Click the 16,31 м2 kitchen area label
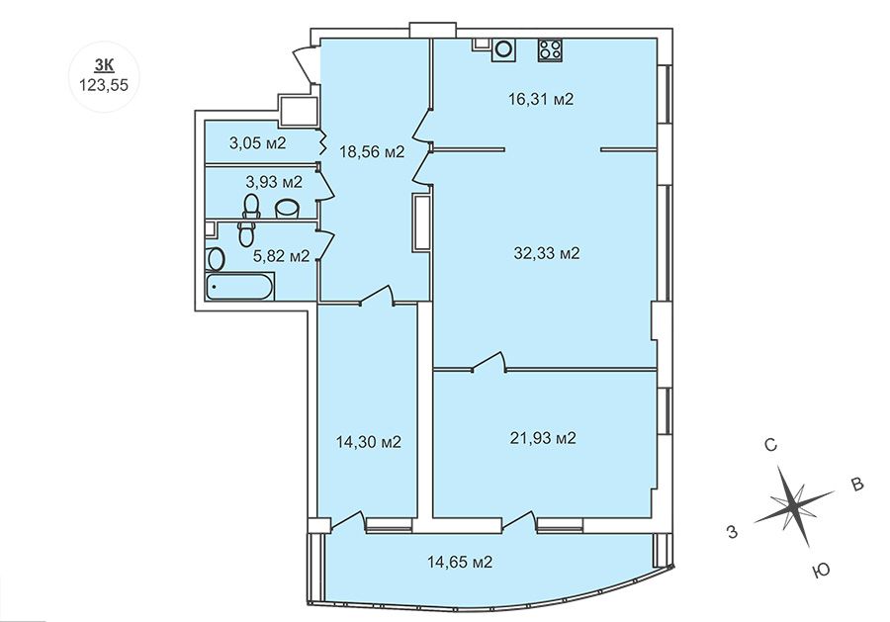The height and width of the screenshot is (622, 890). coord(541,99)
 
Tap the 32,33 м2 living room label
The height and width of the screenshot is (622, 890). coord(547,253)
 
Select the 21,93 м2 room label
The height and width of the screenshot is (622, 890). coord(543,438)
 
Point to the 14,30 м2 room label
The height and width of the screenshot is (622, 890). coord(369,441)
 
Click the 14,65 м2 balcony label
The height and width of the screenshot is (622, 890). coord(460,563)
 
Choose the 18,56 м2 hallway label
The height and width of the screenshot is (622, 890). coord(372,151)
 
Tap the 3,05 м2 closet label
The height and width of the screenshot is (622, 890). coord(258,143)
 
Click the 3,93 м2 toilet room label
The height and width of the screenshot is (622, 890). coord(274,182)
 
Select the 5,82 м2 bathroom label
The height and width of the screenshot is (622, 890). coord(282,256)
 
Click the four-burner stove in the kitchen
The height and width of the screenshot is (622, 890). coord(550,49)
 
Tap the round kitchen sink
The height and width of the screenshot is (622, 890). coord(503,48)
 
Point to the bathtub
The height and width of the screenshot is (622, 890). coord(239,287)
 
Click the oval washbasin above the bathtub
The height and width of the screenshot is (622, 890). coord(217,259)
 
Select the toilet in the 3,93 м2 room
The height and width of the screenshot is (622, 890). coord(251,206)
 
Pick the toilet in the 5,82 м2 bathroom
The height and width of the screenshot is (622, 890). coord(246,233)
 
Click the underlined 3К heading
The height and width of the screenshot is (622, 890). coord(104,66)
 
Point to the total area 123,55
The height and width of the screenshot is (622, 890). coord(104,85)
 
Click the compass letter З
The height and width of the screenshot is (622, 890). coord(733,532)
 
